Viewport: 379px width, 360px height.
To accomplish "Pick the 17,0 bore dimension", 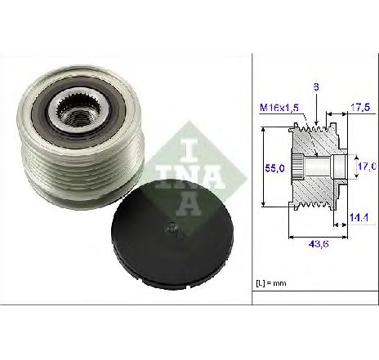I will pyautogui.click(x=367, y=167).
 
